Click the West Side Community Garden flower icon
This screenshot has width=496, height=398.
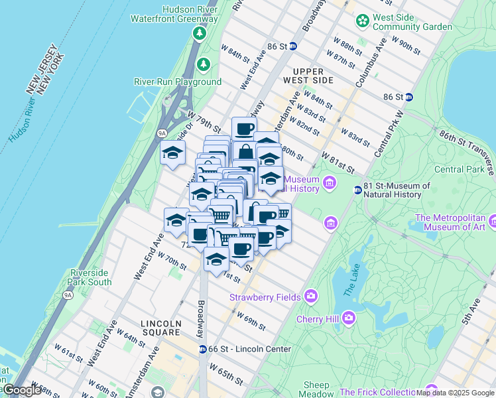[362, 21]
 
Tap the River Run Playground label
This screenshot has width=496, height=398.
[178, 82]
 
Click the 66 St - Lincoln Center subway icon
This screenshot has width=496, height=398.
[203, 349]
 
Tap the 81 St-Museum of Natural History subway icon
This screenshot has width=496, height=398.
[357, 190]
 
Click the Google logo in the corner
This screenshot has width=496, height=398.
[23, 389]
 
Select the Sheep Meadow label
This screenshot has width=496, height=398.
[316, 389]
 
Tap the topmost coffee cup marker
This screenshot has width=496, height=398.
[243, 127]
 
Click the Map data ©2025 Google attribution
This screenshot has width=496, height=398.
[455, 393]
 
